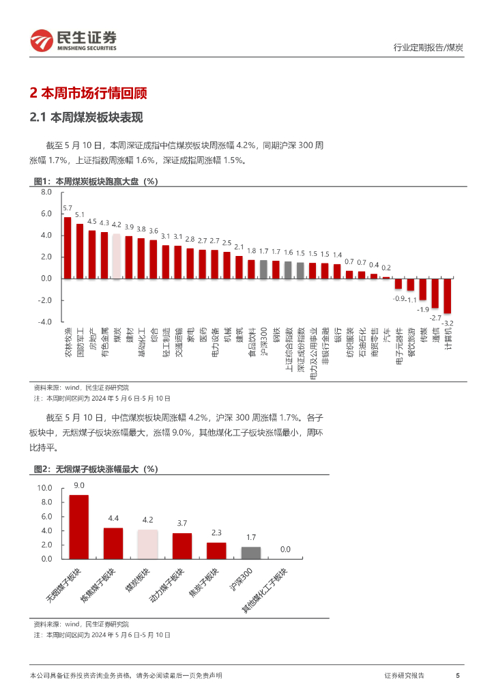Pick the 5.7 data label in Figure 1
(x=68, y=208)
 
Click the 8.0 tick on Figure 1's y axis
(x=46, y=192)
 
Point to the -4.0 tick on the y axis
(x=45, y=322)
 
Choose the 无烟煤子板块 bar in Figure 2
(x=78, y=526)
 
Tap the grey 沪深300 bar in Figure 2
(x=250, y=552)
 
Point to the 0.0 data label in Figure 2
(x=285, y=549)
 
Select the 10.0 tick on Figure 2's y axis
(x=44, y=488)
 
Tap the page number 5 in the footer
(x=457, y=675)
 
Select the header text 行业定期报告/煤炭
(x=428, y=47)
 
